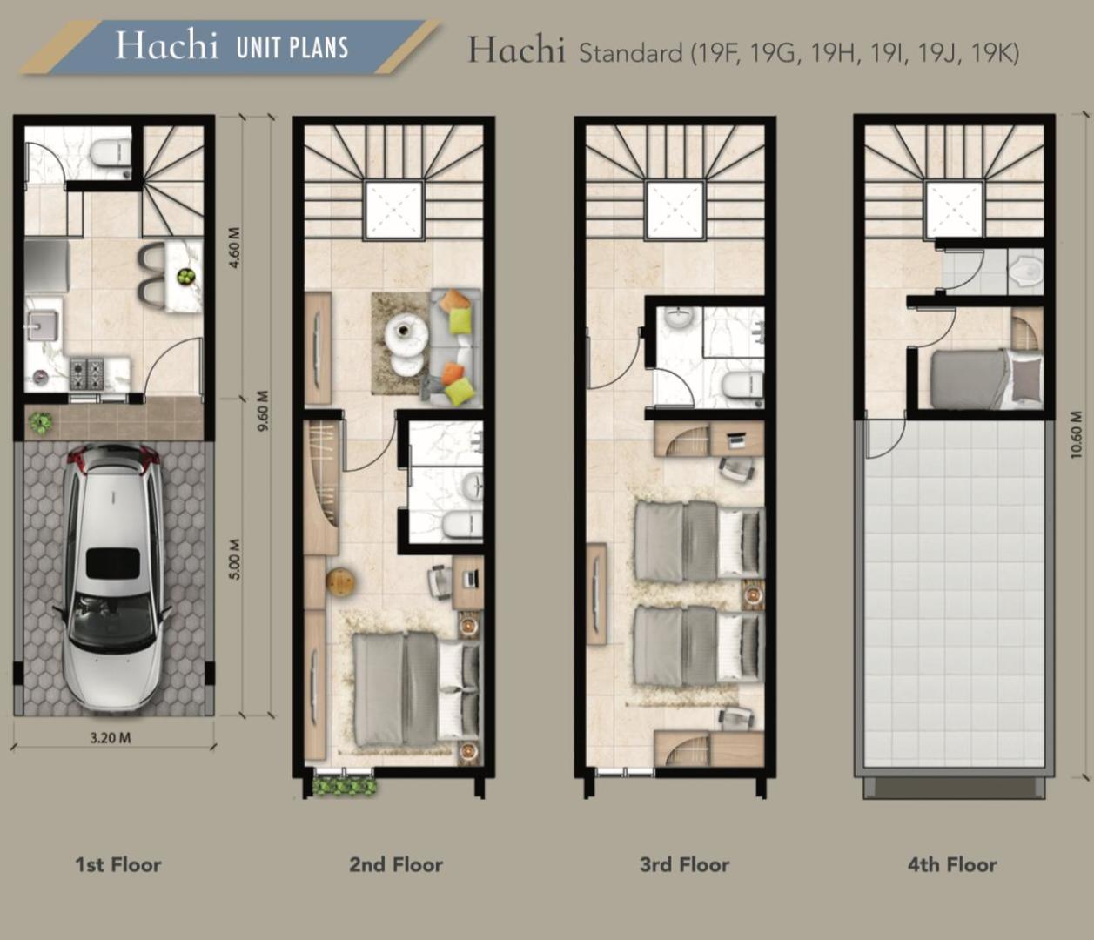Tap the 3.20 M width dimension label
[110, 737]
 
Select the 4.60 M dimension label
[234, 248]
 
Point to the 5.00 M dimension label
[234, 560]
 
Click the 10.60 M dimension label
[1076, 434]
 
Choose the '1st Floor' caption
[118, 864]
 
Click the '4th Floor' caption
[952, 864]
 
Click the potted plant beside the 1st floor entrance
[40, 423]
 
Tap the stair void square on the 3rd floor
[675, 210]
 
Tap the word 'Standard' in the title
[630, 53]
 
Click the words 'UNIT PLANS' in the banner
[292, 48]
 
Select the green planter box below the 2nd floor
[345, 786]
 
